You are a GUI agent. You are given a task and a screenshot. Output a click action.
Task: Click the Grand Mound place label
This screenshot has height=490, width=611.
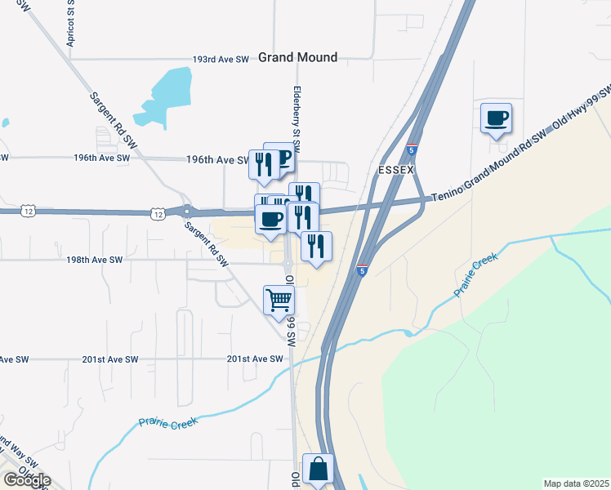pos(297,57)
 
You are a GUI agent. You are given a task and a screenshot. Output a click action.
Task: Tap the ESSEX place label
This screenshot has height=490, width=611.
pos(397,169)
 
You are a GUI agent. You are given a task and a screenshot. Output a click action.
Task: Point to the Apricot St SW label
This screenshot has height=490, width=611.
pos(71,29)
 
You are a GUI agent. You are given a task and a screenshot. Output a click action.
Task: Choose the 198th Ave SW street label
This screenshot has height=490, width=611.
pos(95,260)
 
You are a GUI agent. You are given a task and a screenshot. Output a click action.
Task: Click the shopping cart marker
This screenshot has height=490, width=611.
pos(279,300)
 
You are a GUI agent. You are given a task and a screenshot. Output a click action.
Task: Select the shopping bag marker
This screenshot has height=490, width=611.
pos(318,470)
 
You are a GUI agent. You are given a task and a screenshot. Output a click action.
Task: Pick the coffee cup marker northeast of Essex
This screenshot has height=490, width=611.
pos(496,118)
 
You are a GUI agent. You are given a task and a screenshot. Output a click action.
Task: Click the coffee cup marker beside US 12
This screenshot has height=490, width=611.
pos(271,219)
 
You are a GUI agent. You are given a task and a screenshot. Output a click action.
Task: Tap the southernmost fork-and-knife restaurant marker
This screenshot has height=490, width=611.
pos(317,245)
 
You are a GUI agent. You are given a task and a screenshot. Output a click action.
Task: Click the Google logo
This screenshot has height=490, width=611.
pos(27,480)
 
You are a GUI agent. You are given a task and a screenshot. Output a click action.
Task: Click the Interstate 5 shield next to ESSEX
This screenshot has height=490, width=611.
pos(413,150)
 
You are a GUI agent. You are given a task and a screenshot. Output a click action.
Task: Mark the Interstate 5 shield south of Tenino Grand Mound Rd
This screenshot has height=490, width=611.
pos(360,269)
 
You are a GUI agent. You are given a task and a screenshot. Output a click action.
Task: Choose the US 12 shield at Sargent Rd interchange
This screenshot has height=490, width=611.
pos(156,213)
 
